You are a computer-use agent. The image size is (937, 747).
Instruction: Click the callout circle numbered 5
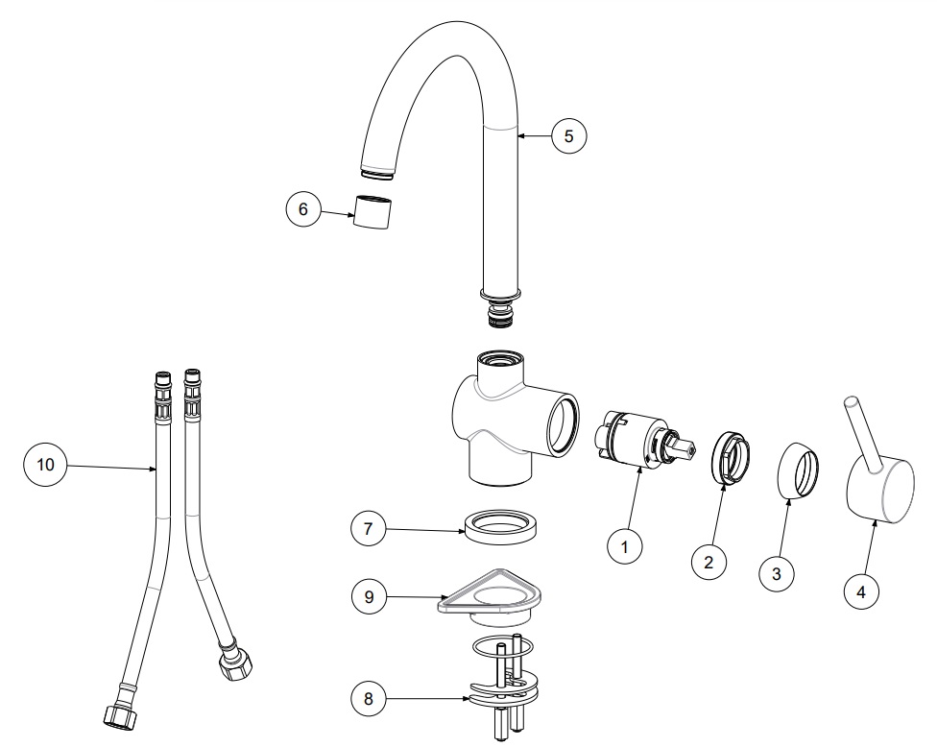pos(568,136)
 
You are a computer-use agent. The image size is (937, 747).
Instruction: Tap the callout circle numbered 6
pos(303,208)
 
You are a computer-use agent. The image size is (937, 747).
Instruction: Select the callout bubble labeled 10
pos(45,465)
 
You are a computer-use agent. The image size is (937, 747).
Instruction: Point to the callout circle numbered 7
pos(368,528)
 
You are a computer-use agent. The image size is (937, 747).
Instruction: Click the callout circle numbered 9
pos(369,596)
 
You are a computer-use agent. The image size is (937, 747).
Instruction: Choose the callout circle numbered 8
pos(368,698)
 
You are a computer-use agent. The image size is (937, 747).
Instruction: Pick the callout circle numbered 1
pos(624,546)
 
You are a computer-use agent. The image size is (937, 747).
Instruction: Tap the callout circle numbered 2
pos(709,562)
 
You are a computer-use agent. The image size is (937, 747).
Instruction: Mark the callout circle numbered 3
pos(777,574)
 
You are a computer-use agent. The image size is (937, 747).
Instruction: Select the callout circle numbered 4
pos(861,591)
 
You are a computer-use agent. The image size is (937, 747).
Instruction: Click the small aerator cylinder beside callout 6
pos(372,211)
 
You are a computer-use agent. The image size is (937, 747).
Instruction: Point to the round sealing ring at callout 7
pos(501,526)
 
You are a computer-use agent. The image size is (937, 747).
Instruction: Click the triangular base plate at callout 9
pos(490,597)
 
